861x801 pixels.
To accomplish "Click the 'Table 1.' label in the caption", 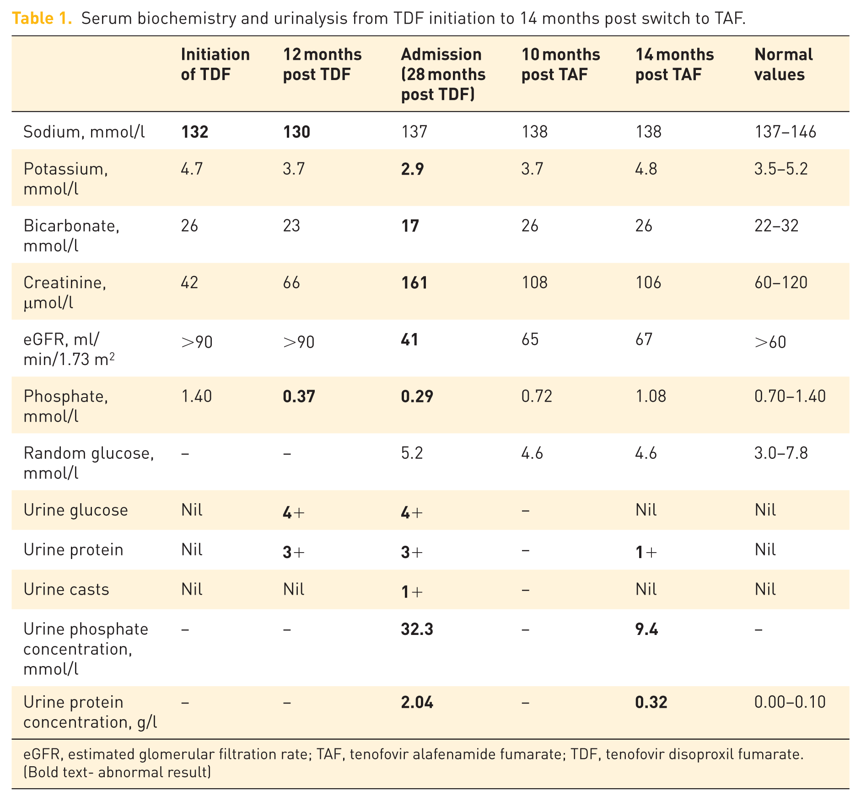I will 42,18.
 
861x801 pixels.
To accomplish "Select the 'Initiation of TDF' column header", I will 215,65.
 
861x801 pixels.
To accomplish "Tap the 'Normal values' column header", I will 783,65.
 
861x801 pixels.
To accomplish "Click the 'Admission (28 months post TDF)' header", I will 443,75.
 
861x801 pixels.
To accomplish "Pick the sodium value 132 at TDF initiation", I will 194,132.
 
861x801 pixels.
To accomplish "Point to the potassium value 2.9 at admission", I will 412,169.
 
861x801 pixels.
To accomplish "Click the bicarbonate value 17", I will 410,226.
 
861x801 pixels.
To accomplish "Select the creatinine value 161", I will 414,283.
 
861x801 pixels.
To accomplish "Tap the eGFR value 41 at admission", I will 409,339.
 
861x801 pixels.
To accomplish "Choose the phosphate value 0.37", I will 299,396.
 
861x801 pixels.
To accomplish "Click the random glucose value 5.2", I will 412,453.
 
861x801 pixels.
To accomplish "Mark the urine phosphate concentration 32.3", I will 417,629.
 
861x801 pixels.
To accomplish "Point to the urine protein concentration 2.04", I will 417,702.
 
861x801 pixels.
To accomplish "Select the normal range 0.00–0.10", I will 790,702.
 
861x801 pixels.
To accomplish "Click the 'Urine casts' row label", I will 66,590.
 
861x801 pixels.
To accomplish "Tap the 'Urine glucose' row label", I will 75,510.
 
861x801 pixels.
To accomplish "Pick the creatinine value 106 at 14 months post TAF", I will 648,283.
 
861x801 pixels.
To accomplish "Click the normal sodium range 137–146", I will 785,132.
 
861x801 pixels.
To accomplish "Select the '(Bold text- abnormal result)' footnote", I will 117,773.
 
